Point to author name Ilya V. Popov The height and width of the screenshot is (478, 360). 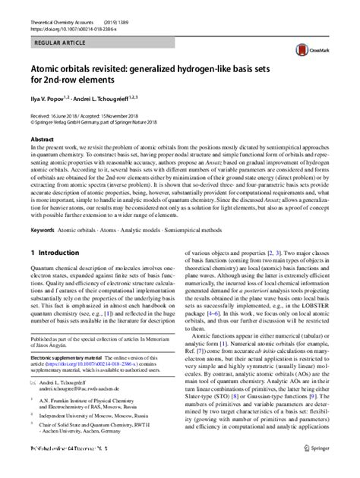pyautogui.click(x=51, y=99)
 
